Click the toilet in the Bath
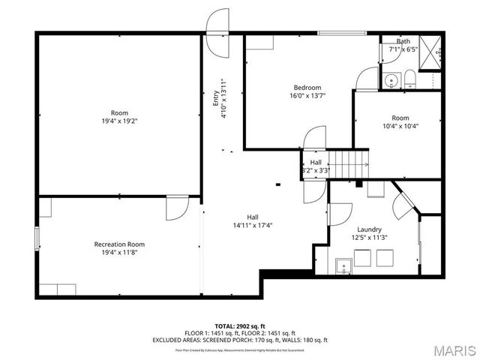coord(410,79)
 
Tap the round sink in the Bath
coord(390,79)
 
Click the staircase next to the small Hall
coord(350,162)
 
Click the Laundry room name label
coord(369,229)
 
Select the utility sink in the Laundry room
coord(344,265)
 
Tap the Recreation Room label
coord(119,244)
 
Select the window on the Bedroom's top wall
coord(336,33)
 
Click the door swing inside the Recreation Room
coord(178,207)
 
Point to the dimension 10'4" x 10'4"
coord(400,126)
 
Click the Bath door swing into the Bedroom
coord(367,78)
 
